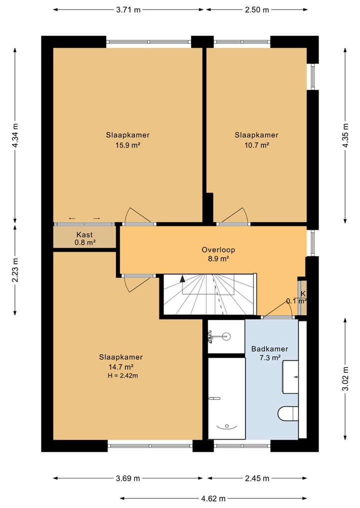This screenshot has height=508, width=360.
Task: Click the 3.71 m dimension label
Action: [128, 9]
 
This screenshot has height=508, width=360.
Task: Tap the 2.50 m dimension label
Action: [257, 9]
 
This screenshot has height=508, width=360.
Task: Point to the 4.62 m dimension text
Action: [213, 499]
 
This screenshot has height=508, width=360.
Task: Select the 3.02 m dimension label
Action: [345, 379]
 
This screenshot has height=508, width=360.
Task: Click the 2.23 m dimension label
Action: [15, 270]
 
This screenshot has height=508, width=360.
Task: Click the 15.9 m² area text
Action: [128, 145]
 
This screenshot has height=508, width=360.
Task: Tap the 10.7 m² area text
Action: [256, 145]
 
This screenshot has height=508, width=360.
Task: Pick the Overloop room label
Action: [218, 250]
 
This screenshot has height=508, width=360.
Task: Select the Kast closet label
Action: [84, 235]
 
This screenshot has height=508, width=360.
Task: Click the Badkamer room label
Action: [270, 349]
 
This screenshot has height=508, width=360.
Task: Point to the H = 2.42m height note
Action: [123, 376]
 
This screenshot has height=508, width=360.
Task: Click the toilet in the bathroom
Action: [288, 413]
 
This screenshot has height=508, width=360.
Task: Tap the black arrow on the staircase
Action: [182, 279]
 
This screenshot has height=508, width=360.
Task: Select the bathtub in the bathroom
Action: [226, 398]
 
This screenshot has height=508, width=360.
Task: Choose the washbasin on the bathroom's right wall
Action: [290, 377]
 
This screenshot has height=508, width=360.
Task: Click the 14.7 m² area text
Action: [121, 367]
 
